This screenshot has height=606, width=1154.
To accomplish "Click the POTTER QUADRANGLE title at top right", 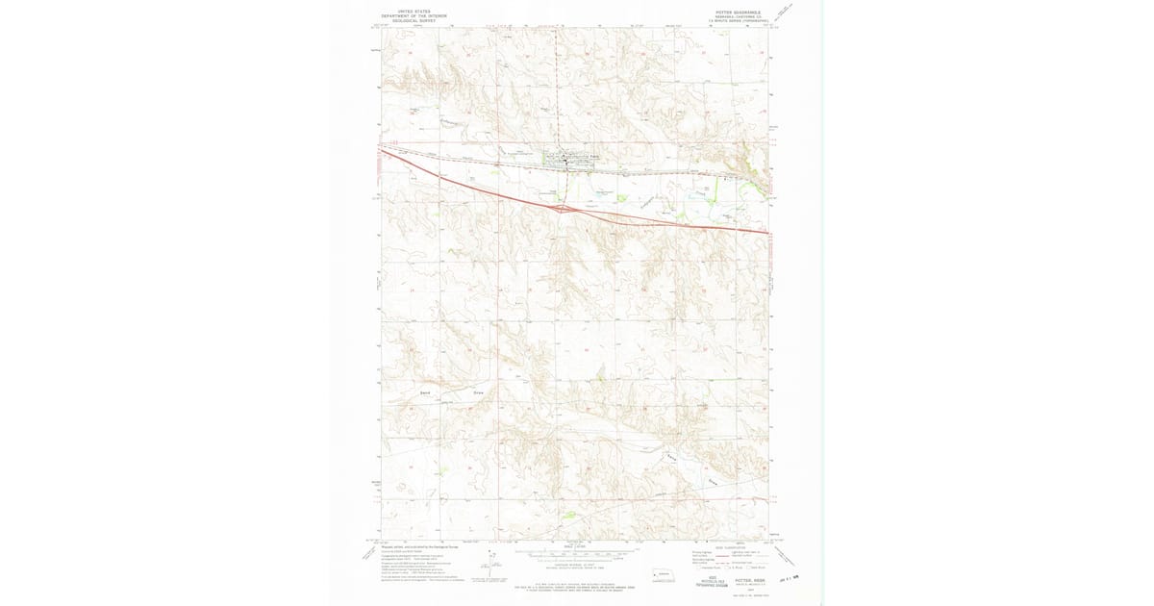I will pyautogui.click(x=739, y=12).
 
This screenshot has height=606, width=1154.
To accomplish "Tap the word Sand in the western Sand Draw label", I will pyautogui.click(x=425, y=392).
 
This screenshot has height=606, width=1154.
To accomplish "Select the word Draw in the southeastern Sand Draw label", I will pyautogui.click(x=713, y=478).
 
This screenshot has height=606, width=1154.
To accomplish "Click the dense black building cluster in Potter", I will pyautogui.click(x=565, y=160).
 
